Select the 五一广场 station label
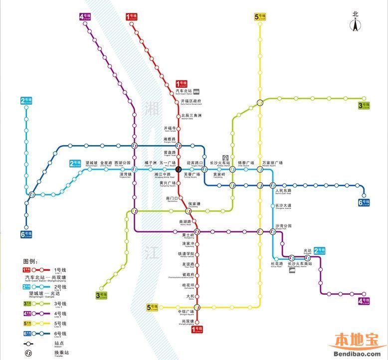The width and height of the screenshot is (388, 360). (x=168, y=163)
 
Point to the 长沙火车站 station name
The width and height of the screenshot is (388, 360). (x=219, y=163)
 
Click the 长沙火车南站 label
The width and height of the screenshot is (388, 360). (x=299, y=264)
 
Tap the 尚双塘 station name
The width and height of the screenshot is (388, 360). (x=187, y=322)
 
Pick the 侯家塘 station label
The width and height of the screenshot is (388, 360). (x=194, y=204)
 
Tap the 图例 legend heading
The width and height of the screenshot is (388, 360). (x=30, y=261)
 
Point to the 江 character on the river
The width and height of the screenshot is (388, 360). (x=145, y=249)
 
